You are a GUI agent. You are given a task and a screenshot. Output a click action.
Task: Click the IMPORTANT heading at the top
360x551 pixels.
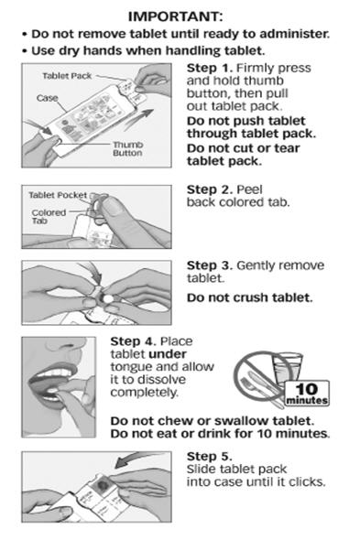coord(175,16)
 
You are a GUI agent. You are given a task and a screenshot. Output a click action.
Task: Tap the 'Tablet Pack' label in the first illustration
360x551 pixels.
coord(67,76)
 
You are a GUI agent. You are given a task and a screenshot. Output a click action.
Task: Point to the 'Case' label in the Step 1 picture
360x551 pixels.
coord(47,98)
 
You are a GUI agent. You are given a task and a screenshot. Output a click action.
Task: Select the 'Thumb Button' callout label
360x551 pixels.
coord(127,148)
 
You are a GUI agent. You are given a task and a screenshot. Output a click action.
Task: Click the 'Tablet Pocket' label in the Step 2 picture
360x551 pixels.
coord(58,195)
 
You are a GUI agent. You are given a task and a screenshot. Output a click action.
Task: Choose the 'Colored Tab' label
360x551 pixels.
coord(49,216)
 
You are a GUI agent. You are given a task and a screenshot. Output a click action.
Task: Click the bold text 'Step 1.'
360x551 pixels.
coord(210,68)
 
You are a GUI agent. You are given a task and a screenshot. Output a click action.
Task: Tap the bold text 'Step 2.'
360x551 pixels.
coord(210,189)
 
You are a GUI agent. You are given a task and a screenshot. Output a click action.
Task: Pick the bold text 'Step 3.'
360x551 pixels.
coord(210,265)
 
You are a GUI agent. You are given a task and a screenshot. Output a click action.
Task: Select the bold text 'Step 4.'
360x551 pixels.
coord(134,341)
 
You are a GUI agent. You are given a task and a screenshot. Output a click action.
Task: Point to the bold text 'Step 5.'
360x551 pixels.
coord(210,457)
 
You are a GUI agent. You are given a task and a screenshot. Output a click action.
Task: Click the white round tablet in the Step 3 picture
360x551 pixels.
coord(107,298)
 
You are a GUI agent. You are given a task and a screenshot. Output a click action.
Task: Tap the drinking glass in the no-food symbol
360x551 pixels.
coord(288,368)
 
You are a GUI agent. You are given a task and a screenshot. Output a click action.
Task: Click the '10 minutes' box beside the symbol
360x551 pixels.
coord(307,394)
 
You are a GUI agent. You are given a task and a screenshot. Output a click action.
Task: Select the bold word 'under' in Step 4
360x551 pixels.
coord(168,354)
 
